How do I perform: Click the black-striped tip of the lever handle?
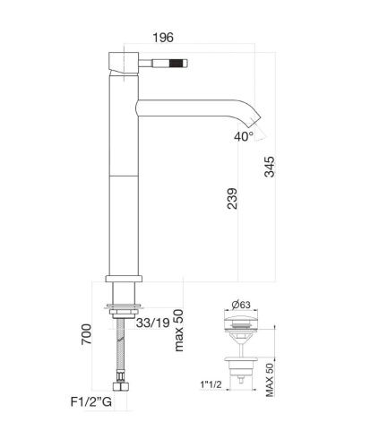[177, 64]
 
